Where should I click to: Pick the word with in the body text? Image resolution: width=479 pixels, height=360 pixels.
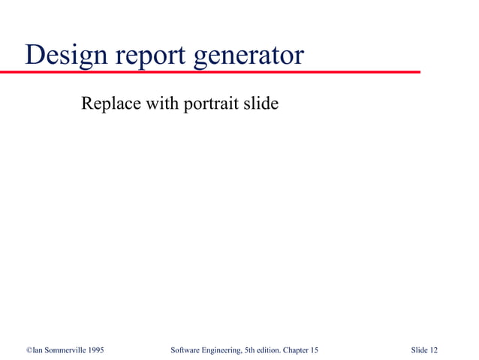(x=159, y=103)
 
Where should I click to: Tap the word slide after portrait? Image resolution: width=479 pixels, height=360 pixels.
(x=260, y=103)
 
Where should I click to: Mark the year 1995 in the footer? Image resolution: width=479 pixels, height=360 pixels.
(x=95, y=350)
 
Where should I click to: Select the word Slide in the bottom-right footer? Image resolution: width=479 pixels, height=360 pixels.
(x=420, y=350)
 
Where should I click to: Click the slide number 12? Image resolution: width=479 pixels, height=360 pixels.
(x=434, y=350)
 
